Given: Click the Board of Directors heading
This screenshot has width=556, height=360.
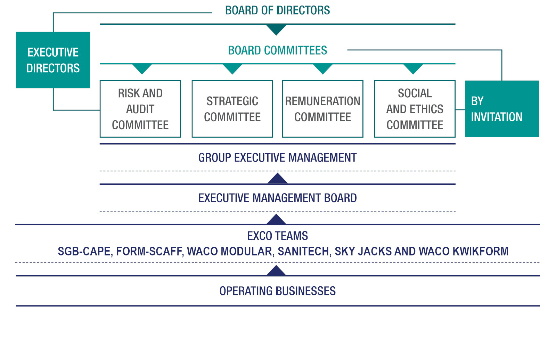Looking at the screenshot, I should [277, 10].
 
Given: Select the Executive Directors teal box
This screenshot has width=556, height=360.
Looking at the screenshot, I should [53, 60].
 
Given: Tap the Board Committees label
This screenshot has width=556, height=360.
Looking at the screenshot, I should [277, 50].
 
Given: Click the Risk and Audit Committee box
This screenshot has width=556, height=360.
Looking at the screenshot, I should [140, 109].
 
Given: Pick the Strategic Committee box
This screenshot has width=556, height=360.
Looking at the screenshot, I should [232, 109].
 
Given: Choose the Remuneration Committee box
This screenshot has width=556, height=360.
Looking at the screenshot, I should [322, 109].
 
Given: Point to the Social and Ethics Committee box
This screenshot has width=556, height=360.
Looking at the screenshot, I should [415, 109].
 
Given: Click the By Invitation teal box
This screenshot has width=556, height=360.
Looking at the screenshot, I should [502, 109].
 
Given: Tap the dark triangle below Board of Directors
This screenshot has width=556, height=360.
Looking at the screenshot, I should [276, 29].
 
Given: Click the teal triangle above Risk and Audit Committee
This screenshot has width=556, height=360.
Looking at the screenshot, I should [142, 68].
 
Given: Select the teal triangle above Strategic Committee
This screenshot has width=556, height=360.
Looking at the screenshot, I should [232, 68].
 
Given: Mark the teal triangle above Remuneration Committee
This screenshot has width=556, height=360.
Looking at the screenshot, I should [322, 68].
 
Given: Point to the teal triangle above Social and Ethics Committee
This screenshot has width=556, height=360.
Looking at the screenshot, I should [413, 68].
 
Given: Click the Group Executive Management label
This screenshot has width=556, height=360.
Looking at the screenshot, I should [277, 158].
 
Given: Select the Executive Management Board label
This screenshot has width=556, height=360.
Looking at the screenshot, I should [277, 198].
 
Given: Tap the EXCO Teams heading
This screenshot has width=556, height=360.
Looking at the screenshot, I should [277, 236].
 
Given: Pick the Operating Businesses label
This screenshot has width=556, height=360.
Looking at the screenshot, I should [277, 291].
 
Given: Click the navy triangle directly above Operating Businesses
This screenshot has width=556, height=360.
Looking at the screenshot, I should [276, 271].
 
